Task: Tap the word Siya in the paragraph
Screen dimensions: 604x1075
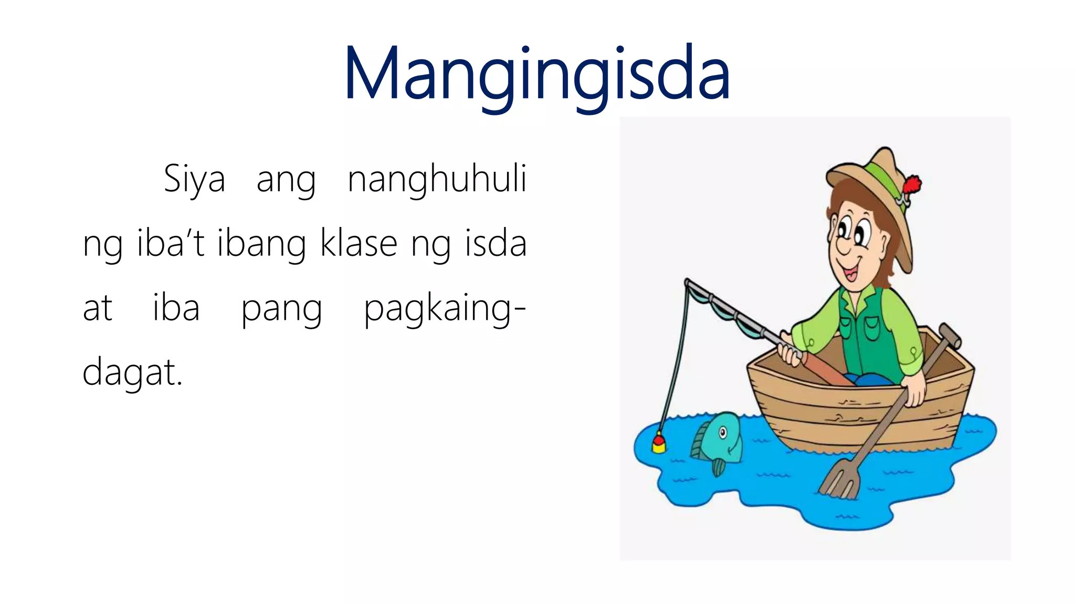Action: click(194, 179)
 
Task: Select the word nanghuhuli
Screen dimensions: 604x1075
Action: click(437, 179)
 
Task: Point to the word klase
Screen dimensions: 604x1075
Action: click(359, 244)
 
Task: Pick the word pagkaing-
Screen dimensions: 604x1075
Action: click(445, 309)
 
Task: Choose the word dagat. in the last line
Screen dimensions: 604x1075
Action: click(132, 372)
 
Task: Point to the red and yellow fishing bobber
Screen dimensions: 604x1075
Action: click(659, 443)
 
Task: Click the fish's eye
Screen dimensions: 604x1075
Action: click(723, 433)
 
